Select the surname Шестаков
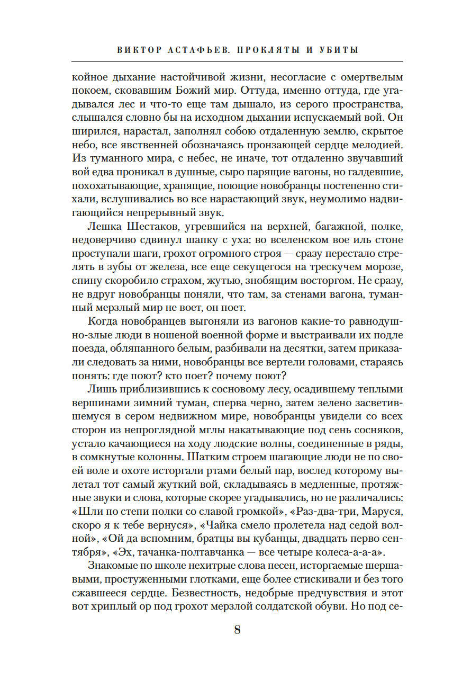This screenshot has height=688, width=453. [148, 227]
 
